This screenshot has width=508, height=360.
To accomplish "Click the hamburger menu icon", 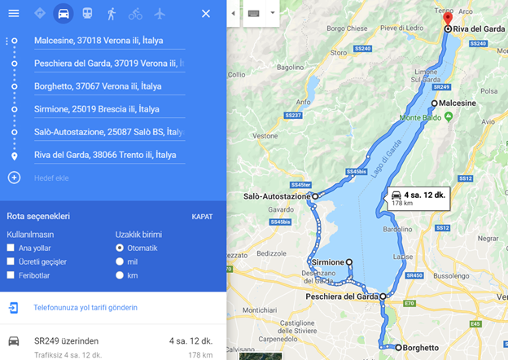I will click(13, 13).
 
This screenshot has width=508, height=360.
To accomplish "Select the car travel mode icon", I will click(63, 14).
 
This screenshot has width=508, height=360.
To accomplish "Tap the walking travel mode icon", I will click(111, 14).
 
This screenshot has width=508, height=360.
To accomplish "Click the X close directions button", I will click(206, 14).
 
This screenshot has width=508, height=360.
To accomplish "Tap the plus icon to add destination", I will click(14, 177).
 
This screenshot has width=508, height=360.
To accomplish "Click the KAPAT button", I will click(202, 217).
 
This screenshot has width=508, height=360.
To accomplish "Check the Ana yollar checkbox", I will click(11, 248).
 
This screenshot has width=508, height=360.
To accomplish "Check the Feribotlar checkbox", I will click(11, 275).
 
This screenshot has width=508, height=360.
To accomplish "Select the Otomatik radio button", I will click(120, 248).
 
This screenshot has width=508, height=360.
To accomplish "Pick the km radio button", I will click(120, 275).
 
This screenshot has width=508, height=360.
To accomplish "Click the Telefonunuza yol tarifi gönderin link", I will click(85, 308).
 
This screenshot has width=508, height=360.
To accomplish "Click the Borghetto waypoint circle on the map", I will click(400, 348).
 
